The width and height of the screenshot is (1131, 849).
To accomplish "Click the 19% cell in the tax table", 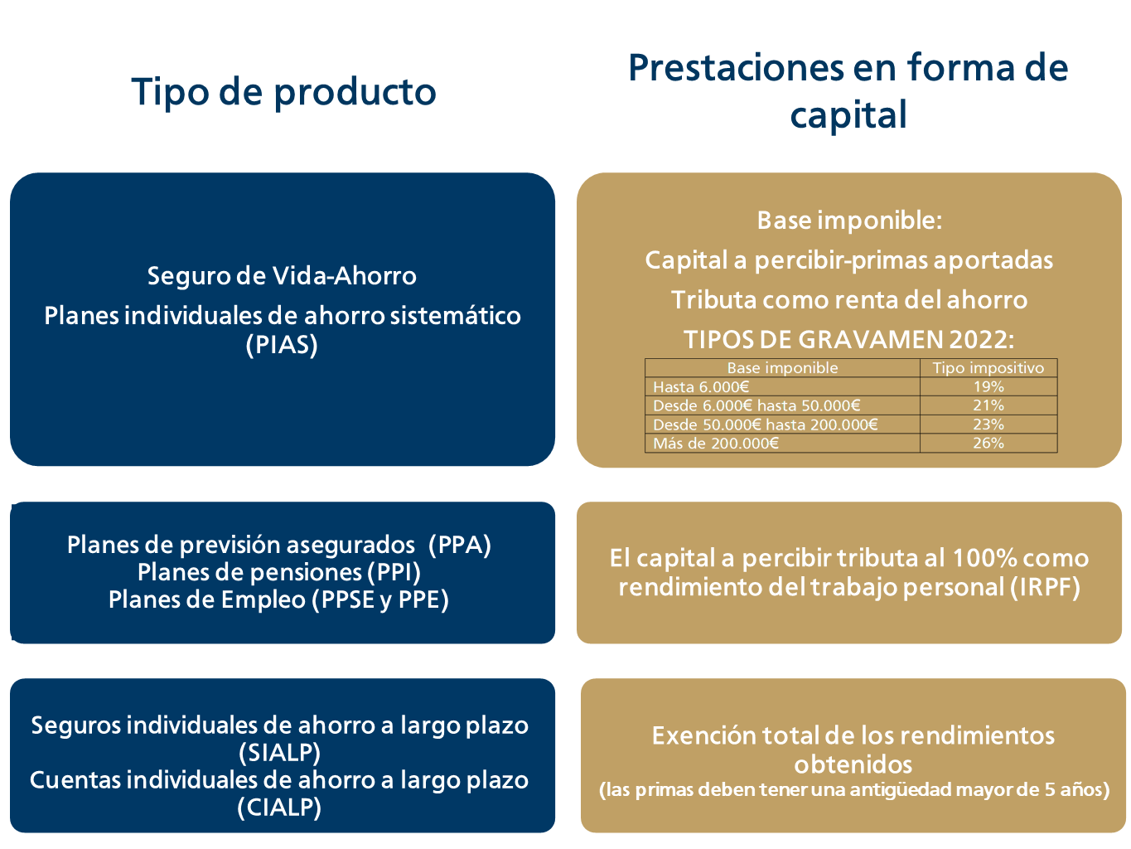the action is [x=988, y=386].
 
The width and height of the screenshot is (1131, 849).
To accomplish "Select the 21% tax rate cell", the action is [x=988, y=405].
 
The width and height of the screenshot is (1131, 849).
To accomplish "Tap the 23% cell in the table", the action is [x=988, y=424].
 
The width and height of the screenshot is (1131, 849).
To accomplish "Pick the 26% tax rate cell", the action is [x=988, y=443].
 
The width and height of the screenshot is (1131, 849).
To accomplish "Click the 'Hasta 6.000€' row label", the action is [x=700, y=387].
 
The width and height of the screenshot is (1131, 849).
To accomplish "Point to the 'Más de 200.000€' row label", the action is [x=716, y=444].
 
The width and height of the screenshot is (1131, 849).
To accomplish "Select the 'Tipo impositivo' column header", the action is [x=988, y=368].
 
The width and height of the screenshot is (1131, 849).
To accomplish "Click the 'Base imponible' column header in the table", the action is [x=781, y=368].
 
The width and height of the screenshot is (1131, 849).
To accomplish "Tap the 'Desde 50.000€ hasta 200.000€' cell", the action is [x=765, y=424].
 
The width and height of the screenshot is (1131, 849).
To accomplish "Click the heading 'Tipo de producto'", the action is [x=283, y=92].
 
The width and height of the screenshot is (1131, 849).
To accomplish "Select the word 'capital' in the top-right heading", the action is [x=848, y=114].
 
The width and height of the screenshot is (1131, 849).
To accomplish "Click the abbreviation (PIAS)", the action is [x=282, y=345].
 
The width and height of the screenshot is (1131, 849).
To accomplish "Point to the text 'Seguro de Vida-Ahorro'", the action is [x=282, y=276].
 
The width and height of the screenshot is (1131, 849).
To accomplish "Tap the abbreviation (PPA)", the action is [x=460, y=545].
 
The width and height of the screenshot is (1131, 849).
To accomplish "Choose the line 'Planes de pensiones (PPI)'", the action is [x=278, y=572].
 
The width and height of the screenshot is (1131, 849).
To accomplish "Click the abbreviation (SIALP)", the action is [x=279, y=753].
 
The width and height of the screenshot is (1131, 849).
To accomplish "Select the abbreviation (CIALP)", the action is [x=278, y=808].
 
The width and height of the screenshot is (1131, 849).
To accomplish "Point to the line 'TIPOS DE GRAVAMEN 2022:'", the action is [x=848, y=340].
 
